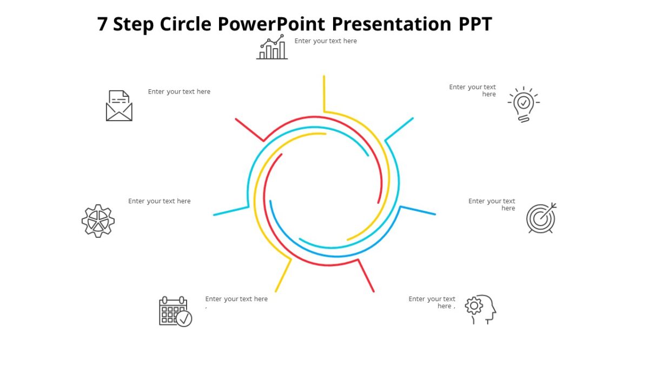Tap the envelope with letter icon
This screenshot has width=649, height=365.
(119, 105)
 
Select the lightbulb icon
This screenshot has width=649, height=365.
(524, 104)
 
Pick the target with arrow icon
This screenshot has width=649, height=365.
(541, 218)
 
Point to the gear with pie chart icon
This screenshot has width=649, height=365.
(98, 221)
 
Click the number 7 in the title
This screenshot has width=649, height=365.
(103, 24)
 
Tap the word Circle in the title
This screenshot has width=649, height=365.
(186, 24)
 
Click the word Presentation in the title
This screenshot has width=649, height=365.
(391, 24)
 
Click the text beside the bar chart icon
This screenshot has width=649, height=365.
(326, 41)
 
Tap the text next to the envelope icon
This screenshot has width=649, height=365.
(179, 92)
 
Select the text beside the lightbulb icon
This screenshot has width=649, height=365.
(473, 90)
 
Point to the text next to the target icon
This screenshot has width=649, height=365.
(492, 204)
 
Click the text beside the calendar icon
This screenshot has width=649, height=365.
(236, 299)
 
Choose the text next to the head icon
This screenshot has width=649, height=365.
(432, 302)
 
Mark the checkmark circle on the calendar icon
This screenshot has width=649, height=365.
(184, 318)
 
